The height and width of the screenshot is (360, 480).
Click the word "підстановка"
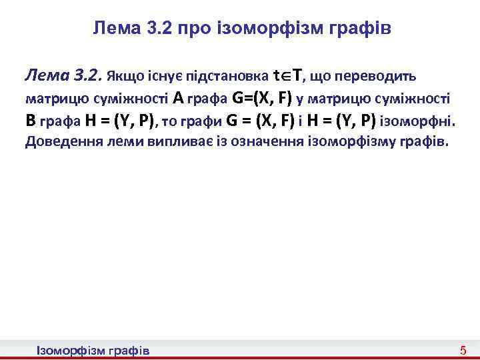tap(225, 76)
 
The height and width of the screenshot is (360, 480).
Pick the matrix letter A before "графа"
tap(177, 99)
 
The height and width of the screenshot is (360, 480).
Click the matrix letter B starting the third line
tap(30, 121)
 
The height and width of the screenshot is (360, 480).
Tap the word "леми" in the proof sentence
tap(123, 142)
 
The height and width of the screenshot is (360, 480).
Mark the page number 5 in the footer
tap(463, 351)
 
